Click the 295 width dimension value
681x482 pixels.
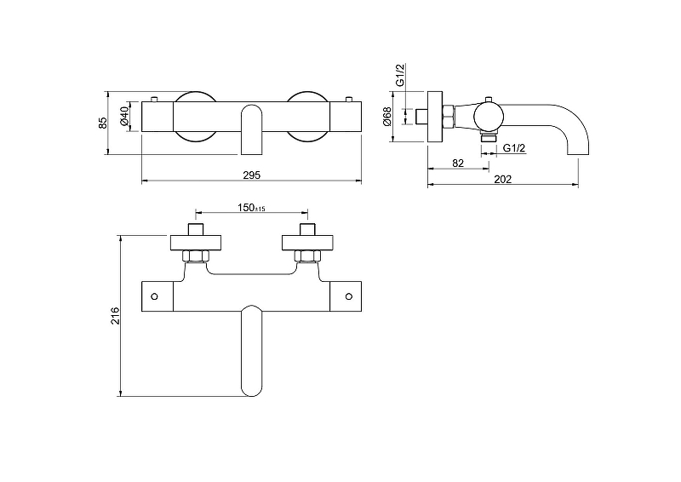250,174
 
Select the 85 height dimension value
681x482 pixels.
104,123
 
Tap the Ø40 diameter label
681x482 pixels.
124,116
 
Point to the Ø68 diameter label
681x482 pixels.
387,116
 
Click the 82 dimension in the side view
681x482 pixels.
457,162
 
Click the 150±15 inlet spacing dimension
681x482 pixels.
251,209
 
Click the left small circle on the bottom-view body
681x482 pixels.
154,296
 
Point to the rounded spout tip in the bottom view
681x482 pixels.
251,387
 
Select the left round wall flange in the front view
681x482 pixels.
196,115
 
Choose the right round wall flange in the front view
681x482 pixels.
306,115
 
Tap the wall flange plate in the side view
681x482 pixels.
434,116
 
